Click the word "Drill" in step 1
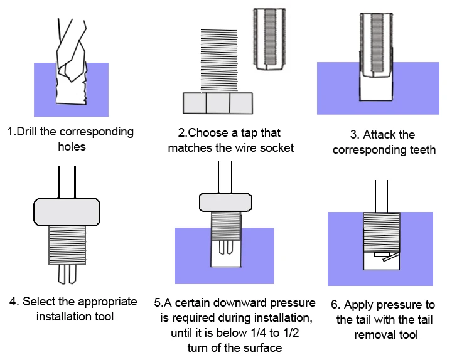[27, 132]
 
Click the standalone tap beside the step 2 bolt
[269, 39]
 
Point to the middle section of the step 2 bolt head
[218, 103]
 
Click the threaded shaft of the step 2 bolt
[219, 61]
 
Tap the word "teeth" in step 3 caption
[423, 150]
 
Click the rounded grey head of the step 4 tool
[67, 212]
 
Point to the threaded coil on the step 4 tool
[67, 245]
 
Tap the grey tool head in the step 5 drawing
[225, 203]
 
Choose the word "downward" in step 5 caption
[240, 303]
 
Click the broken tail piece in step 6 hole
[386, 257]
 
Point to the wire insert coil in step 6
[382, 233]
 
